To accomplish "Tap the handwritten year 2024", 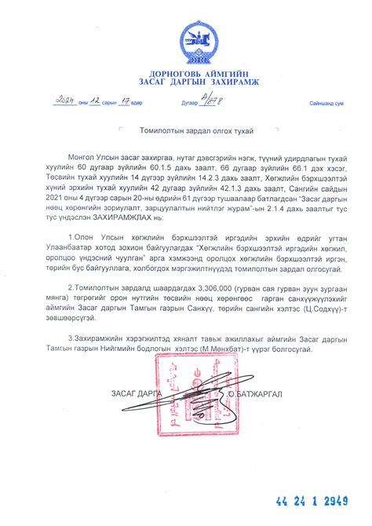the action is (60, 101).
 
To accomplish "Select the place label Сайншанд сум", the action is (327, 103).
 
